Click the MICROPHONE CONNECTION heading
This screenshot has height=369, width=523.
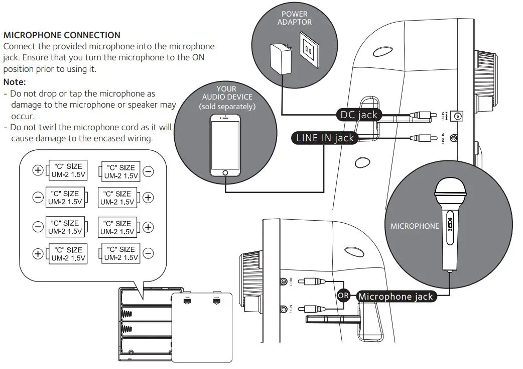pos(62,35)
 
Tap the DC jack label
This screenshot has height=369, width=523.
pos(358,115)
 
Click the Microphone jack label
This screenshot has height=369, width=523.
pos(396,297)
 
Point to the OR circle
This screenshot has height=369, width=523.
pos(343,296)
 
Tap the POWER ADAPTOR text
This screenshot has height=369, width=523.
pos(295,18)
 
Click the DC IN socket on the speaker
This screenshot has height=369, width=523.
pos(458,117)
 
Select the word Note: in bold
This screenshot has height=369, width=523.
pos(15,82)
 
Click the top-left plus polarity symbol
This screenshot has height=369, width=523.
pos(38,170)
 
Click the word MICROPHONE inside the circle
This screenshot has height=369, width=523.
pos(415,226)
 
